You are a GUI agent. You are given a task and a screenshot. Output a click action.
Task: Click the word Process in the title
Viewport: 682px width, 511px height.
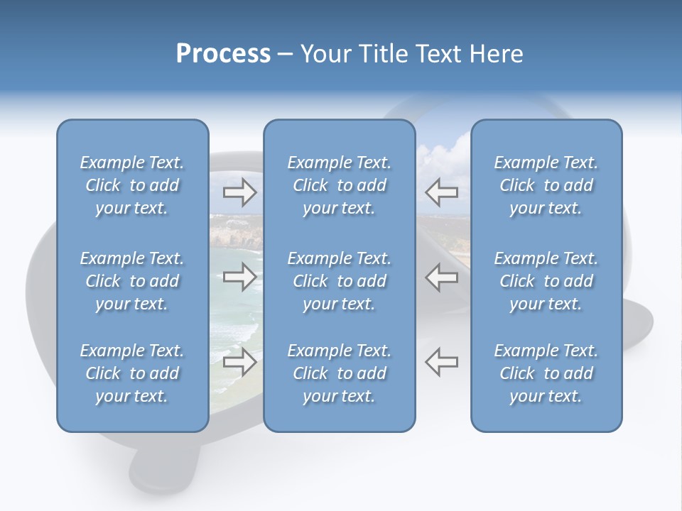[223, 54]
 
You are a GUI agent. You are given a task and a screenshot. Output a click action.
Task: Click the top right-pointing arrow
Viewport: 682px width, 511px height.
[240, 192]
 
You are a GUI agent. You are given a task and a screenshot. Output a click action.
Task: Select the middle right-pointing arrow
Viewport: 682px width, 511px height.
[240, 277]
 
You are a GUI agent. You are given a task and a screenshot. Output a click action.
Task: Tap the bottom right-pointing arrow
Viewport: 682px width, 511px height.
[240, 362]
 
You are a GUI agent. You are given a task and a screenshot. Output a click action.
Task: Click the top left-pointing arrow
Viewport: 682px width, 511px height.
[441, 192]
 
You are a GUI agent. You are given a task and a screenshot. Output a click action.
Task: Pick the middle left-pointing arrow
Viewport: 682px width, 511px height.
[441, 277]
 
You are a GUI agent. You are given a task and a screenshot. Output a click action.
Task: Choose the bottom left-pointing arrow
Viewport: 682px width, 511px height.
[441, 362]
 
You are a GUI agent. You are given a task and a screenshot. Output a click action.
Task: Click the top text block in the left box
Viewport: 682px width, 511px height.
[132, 185]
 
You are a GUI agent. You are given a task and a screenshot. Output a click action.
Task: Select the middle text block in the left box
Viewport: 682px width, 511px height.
[132, 281]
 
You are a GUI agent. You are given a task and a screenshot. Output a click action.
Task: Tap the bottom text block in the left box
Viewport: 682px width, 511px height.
[132, 373]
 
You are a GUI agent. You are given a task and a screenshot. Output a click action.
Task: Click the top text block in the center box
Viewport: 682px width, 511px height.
[339, 185]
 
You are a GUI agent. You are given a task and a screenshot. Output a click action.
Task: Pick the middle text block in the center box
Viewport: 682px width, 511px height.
[339, 281]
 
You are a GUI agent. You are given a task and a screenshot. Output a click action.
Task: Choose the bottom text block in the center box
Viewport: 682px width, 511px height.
[339, 373]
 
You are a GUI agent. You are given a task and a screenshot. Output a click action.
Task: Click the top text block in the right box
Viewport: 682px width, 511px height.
[546, 185]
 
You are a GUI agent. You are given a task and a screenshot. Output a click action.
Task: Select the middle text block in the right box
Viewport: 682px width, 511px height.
[546, 281]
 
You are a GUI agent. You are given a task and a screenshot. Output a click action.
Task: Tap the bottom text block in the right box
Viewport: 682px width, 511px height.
[546, 373]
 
